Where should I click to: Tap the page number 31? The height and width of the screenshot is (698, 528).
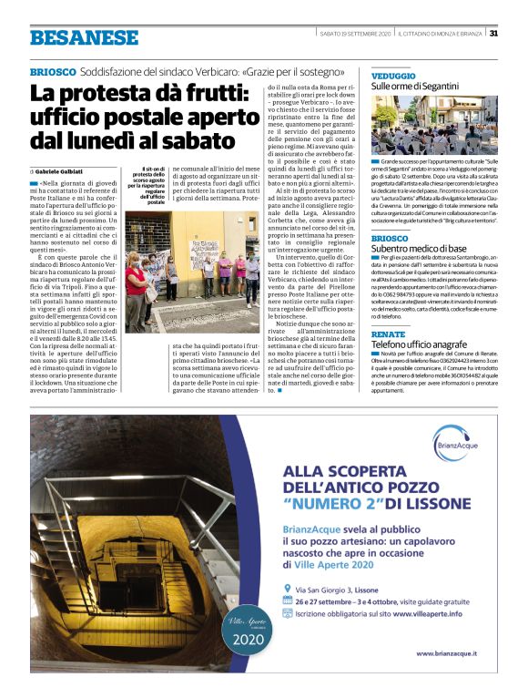click(493, 34)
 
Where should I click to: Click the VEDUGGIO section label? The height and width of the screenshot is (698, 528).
click(393, 76)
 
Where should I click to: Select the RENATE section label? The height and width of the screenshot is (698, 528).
click(388, 335)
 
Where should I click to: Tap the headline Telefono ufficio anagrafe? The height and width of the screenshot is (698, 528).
click(418, 345)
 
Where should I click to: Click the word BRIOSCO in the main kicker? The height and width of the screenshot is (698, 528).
click(52, 71)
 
